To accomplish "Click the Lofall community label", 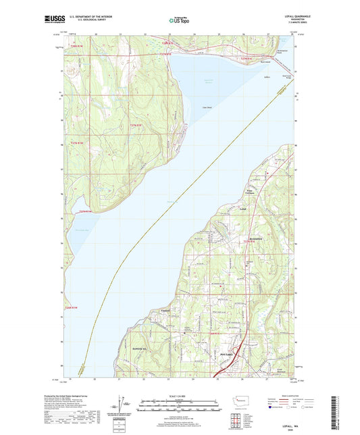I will [243, 209].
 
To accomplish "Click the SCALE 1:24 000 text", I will [179, 396].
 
